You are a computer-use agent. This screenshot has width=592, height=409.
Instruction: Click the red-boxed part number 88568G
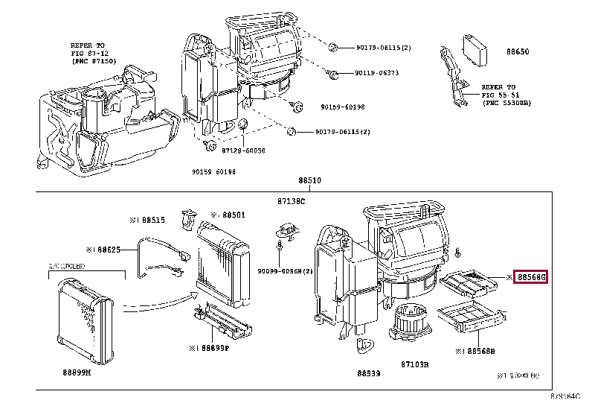click(532, 277)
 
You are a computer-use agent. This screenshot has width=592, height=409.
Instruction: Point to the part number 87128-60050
click(243, 150)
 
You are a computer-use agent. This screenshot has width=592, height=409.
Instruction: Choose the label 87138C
click(292, 201)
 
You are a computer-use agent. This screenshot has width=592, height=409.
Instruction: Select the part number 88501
click(232, 215)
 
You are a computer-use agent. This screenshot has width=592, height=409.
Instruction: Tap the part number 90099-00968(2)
click(286, 270)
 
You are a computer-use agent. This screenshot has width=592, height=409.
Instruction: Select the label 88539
click(369, 373)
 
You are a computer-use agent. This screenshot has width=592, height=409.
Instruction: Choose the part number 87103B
click(415, 364)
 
